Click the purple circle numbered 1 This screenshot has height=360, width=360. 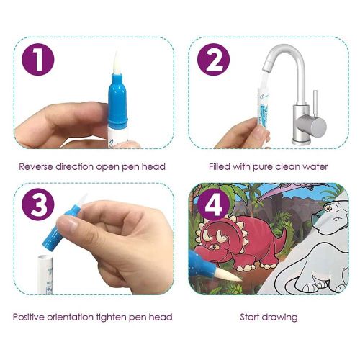pyautogui.click(x=38, y=59)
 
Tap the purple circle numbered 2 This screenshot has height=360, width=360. pyautogui.click(x=213, y=59)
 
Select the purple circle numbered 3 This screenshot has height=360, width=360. pyautogui.click(x=38, y=204)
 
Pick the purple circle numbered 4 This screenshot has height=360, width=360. pyautogui.click(x=213, y=204)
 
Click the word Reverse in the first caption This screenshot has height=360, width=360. pyautogui.click(x=36, y=166)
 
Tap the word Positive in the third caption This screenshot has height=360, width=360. pyautogui.click(x=29, y=317)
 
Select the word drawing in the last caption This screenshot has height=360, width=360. pyautogui.click(x=279, y=318)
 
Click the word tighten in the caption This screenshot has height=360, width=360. pyautogui.click(x=112, y=318)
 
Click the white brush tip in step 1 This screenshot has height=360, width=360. pyautogui.click(x=115, y=63)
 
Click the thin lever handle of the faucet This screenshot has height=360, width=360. pyautogui.click(x=315, y=103)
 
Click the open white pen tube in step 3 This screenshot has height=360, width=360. pyautogui.click(x=45, y=274)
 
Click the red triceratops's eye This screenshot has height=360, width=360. pyautogui.click(x=212, y=246)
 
